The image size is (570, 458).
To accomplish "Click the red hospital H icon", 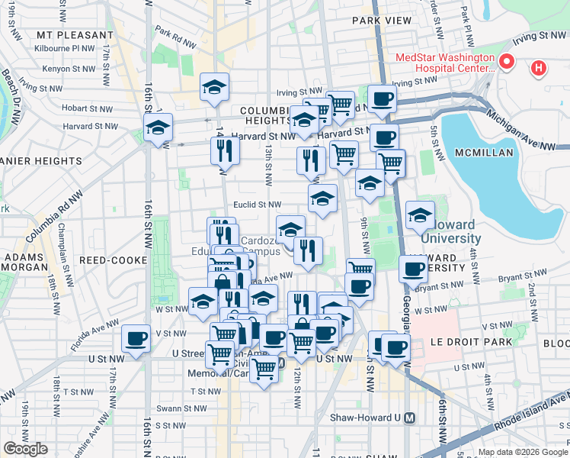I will (539, 69).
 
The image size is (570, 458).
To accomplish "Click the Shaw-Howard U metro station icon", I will (410, 418).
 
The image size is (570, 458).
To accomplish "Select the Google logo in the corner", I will (25, 449).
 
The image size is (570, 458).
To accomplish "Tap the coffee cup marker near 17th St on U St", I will (136, 337).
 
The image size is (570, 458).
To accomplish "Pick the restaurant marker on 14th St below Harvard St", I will (225, 150).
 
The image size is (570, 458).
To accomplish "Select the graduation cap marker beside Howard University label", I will (420, 214).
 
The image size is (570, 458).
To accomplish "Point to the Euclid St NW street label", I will (258, 205).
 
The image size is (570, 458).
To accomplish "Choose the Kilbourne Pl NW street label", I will (65, 47).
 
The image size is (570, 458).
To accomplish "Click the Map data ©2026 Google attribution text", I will (523, 452).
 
